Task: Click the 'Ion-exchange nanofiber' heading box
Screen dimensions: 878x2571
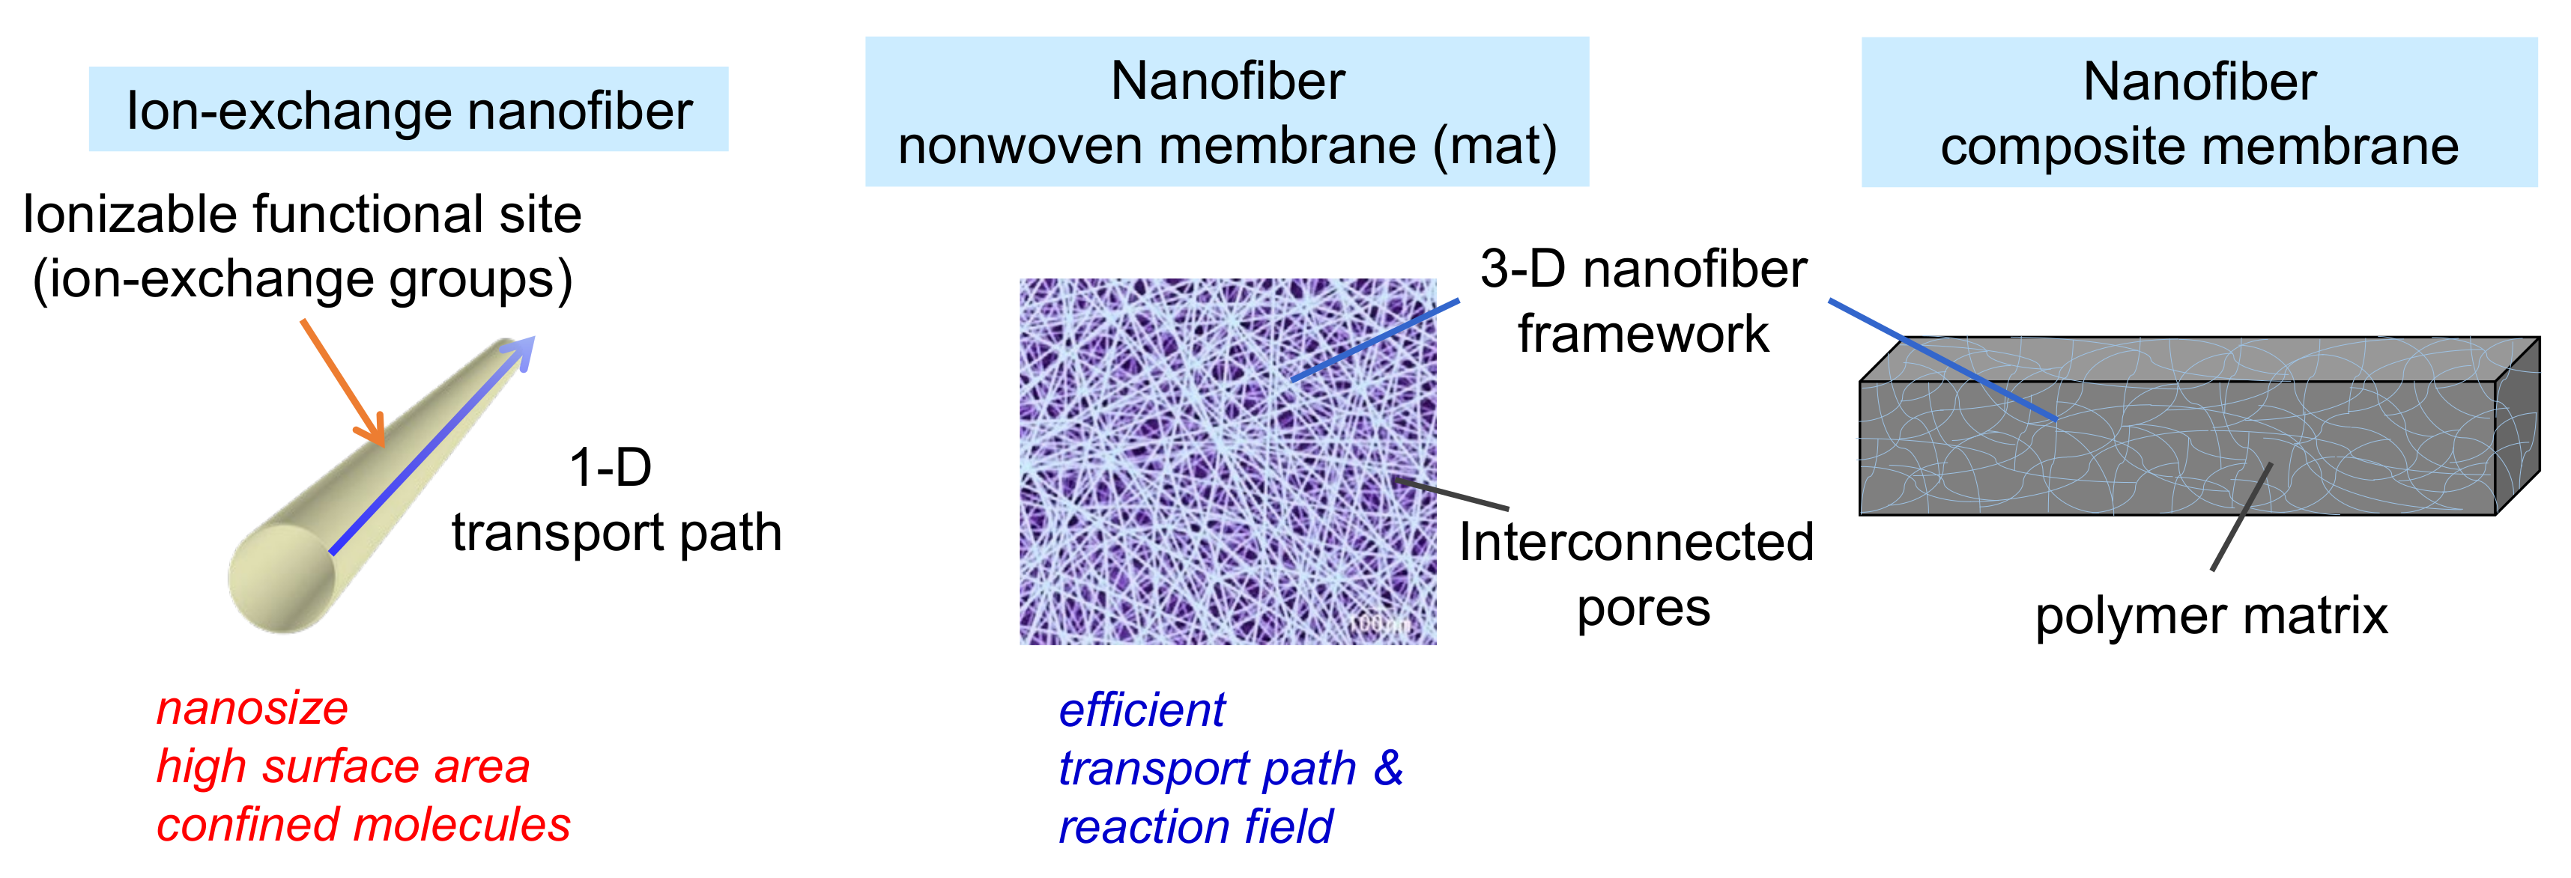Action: tap(408, 110)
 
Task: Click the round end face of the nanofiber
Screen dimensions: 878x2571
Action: tap(282, 579)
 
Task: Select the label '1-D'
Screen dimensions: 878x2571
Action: tap(610, 467)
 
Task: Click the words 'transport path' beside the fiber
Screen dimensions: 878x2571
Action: tap(616, 531)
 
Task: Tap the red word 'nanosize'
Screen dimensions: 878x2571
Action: tap(252, 708)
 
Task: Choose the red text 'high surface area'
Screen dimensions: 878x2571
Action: tap(342, 766)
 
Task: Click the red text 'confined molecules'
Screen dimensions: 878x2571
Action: tap(363, 825)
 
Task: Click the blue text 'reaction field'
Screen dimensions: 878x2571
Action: tap(1195, 827)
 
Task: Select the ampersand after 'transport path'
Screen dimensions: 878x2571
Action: tap(1388, 767)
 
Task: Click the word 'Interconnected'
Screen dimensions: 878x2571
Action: tap(1636, 543)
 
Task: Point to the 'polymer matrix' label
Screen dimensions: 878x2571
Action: tap(2211, 615)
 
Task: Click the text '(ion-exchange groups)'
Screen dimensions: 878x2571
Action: tap(303, 279)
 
